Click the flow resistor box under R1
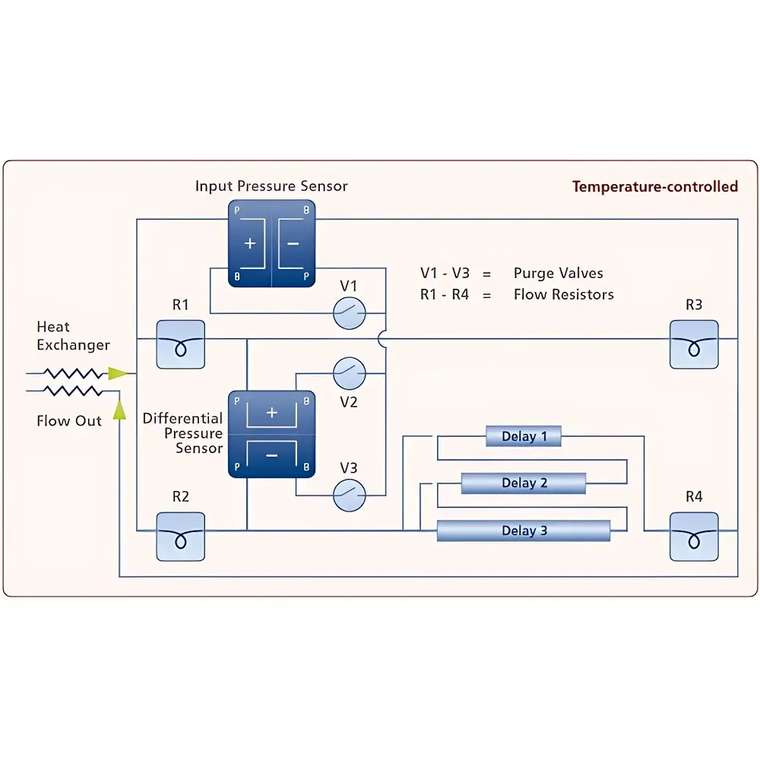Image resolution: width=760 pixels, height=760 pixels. pos(180,344)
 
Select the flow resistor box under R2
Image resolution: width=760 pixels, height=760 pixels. pos(180,536)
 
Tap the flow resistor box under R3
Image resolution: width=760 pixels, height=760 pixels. pos(693,344)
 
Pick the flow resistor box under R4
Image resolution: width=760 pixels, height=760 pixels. pos(693,536)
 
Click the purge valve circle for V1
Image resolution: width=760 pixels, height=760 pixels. pos(350,312)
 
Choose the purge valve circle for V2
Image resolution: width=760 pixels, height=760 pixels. pos(350,373)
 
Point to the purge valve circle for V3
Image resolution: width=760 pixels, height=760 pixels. pos(350,495)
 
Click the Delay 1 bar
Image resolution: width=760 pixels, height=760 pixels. pos(524,436)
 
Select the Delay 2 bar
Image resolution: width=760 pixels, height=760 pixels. pos(524,483)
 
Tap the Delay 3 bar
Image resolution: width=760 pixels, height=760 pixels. pos(524,530)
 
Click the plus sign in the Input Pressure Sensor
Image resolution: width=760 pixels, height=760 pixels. pos(250,244)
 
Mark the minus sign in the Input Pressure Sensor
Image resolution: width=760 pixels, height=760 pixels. pos(293,244)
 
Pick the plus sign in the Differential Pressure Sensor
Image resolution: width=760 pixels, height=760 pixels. pos(271,413)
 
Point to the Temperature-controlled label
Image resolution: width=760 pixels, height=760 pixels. pos(654,187)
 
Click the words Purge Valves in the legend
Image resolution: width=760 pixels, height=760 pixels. pos(558,274)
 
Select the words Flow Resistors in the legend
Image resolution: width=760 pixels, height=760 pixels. pos(563,295)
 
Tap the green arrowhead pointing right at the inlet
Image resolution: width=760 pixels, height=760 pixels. pos(118,373)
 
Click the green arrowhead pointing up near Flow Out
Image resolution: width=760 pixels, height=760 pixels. pos(119,410)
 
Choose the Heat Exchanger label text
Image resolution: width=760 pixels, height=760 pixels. pos(73,336)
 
